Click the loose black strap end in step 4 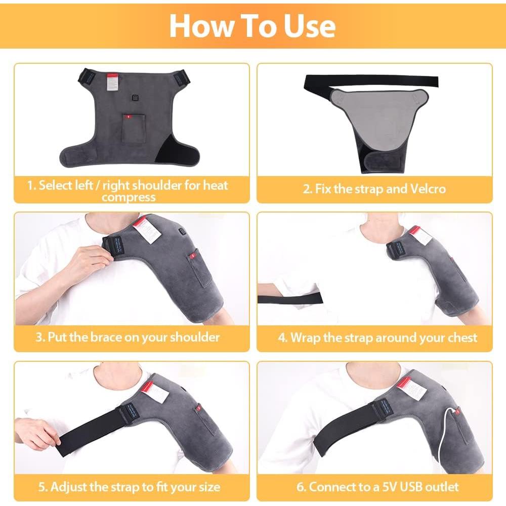point(283,299)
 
